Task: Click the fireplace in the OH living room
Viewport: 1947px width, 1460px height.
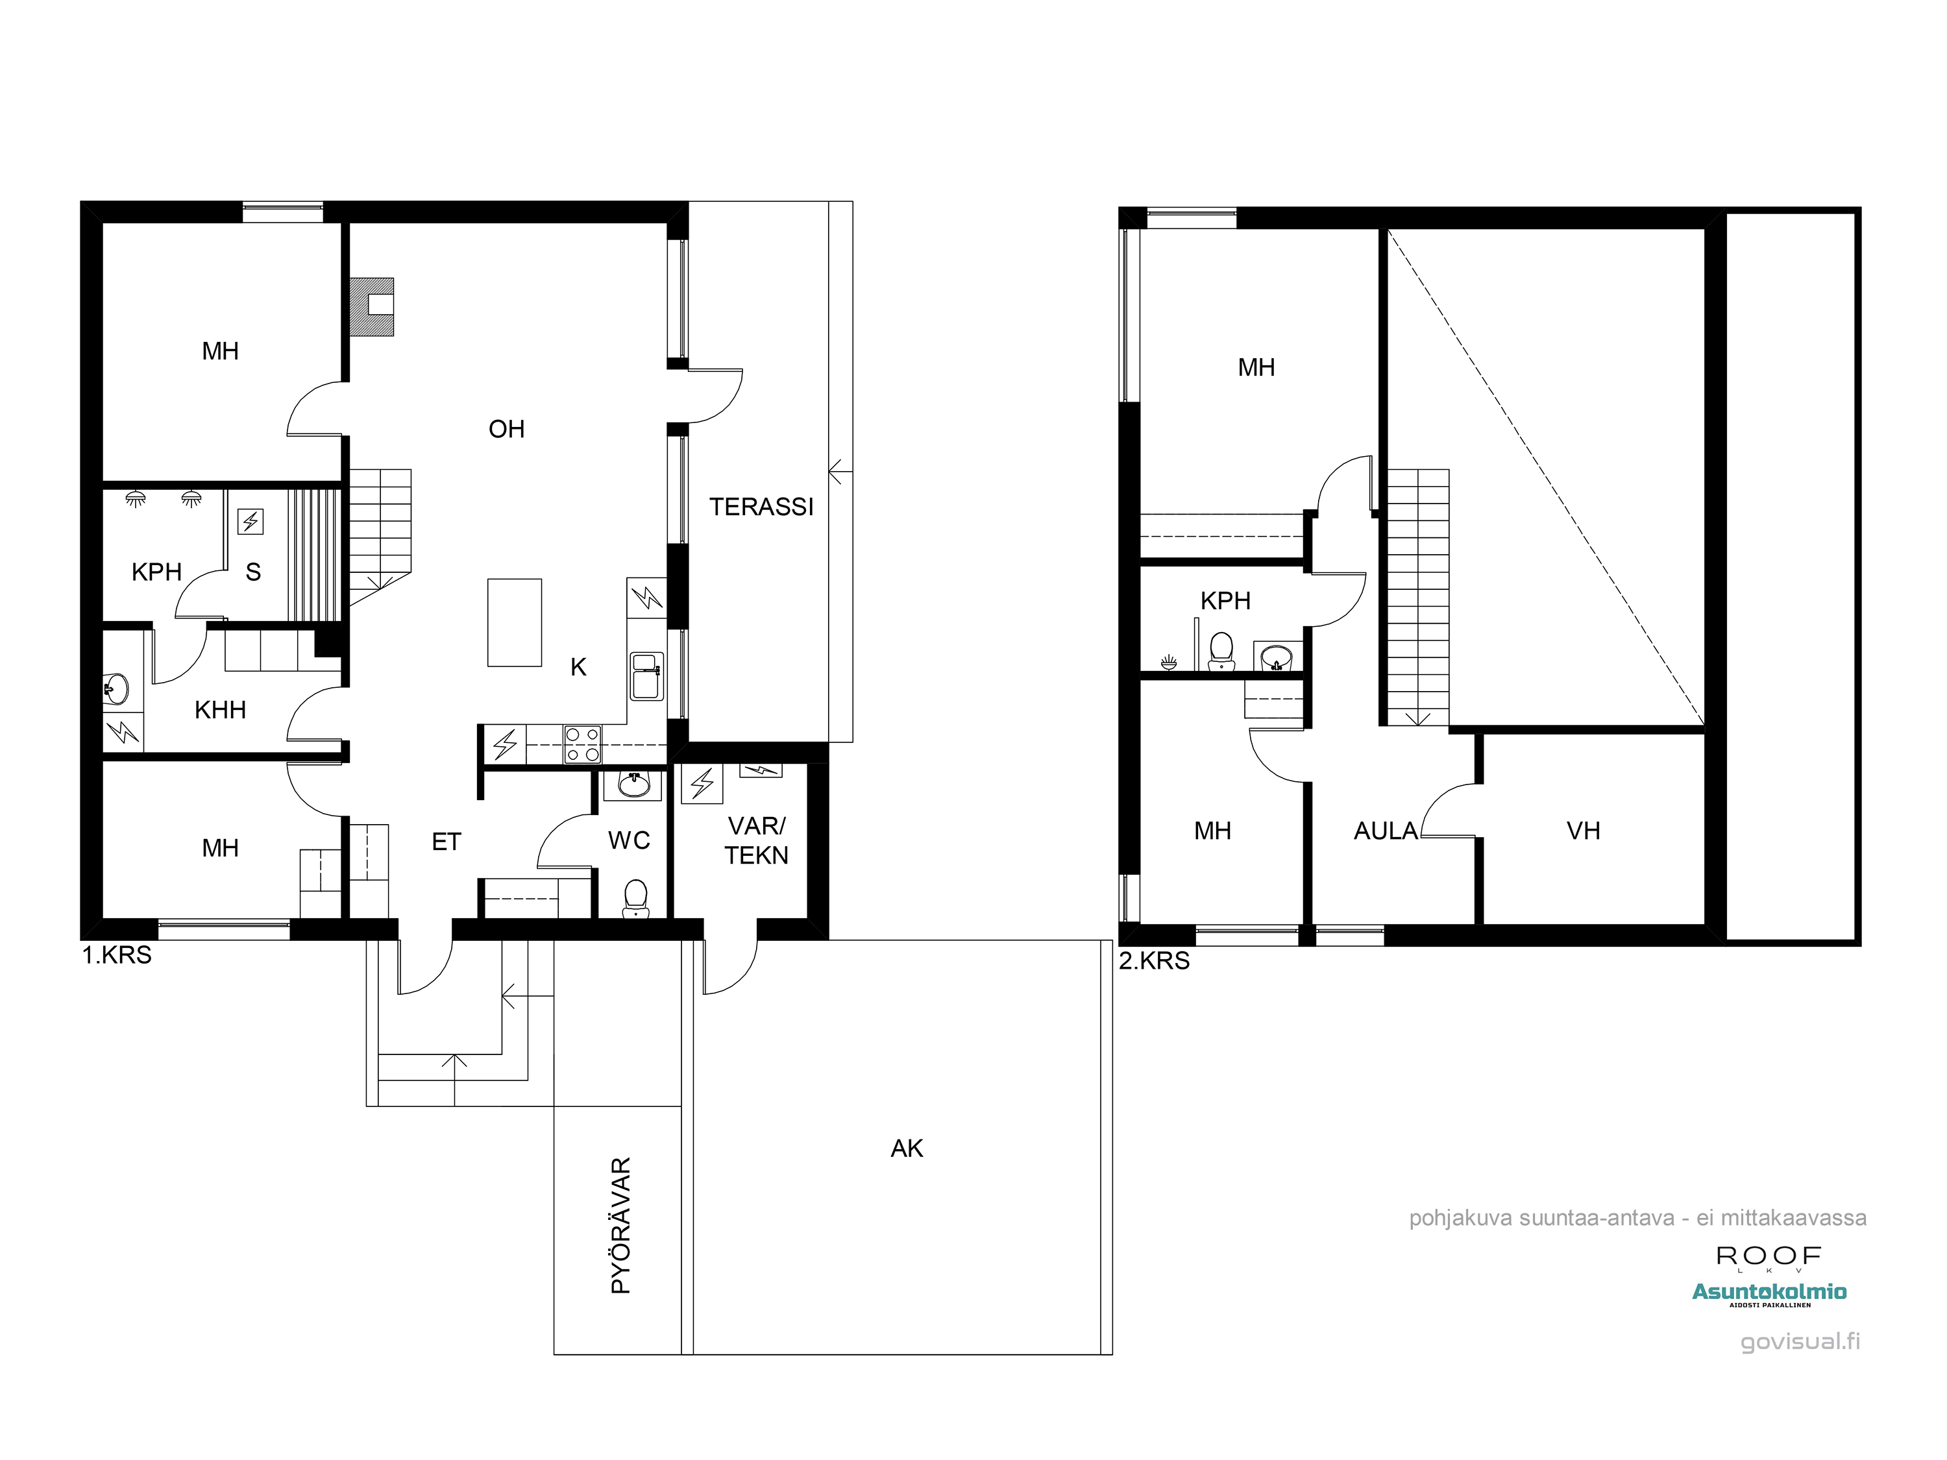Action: [371, 306]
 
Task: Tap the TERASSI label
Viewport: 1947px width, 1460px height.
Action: [761, 507]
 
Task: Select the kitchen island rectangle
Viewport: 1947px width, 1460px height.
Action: [515, 622]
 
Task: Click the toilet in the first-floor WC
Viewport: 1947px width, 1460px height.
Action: [635, 899]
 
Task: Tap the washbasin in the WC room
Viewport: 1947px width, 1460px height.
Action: [633, 784]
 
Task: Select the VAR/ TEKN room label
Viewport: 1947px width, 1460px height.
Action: [756, 840]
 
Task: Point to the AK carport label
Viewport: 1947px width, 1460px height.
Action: [907, 1149]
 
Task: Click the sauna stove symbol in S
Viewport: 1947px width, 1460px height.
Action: [251, 522]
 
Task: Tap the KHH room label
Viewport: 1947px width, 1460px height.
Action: [220, 710]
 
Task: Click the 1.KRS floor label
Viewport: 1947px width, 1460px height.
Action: [117, 955]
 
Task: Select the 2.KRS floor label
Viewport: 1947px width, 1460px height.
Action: [1154, 961]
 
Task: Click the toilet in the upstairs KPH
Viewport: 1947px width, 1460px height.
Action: [1221, 652]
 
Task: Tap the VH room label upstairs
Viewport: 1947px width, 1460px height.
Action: [1584, 831]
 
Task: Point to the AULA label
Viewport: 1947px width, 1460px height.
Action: [1386, 831]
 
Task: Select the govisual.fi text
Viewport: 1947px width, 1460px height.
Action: [1800, 1341]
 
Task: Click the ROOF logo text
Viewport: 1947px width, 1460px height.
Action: [1769, 1256]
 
